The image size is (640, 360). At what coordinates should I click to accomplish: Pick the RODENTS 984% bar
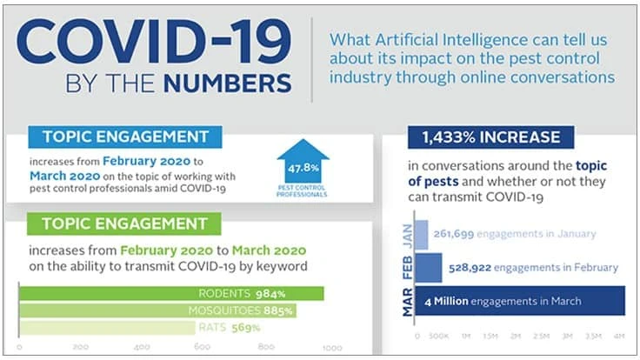[x=171, y=294]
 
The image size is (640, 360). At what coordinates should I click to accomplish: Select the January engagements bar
[x=423, y=233]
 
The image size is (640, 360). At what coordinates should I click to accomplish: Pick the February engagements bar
[x=430, y=267]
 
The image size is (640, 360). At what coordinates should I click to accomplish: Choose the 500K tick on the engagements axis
[x=439, y=335]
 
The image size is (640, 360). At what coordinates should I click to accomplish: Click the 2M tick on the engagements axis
[x=517, y=335]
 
